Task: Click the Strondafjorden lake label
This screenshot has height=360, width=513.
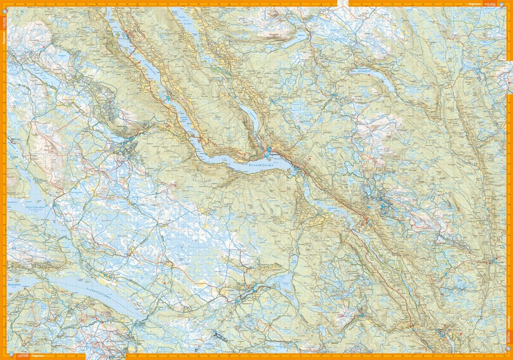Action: [262, 165]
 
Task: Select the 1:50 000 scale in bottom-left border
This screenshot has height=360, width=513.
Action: [23, 356]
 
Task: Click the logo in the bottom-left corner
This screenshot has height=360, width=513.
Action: [10, 356]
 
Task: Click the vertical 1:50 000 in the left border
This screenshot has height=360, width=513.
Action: [4, 26]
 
